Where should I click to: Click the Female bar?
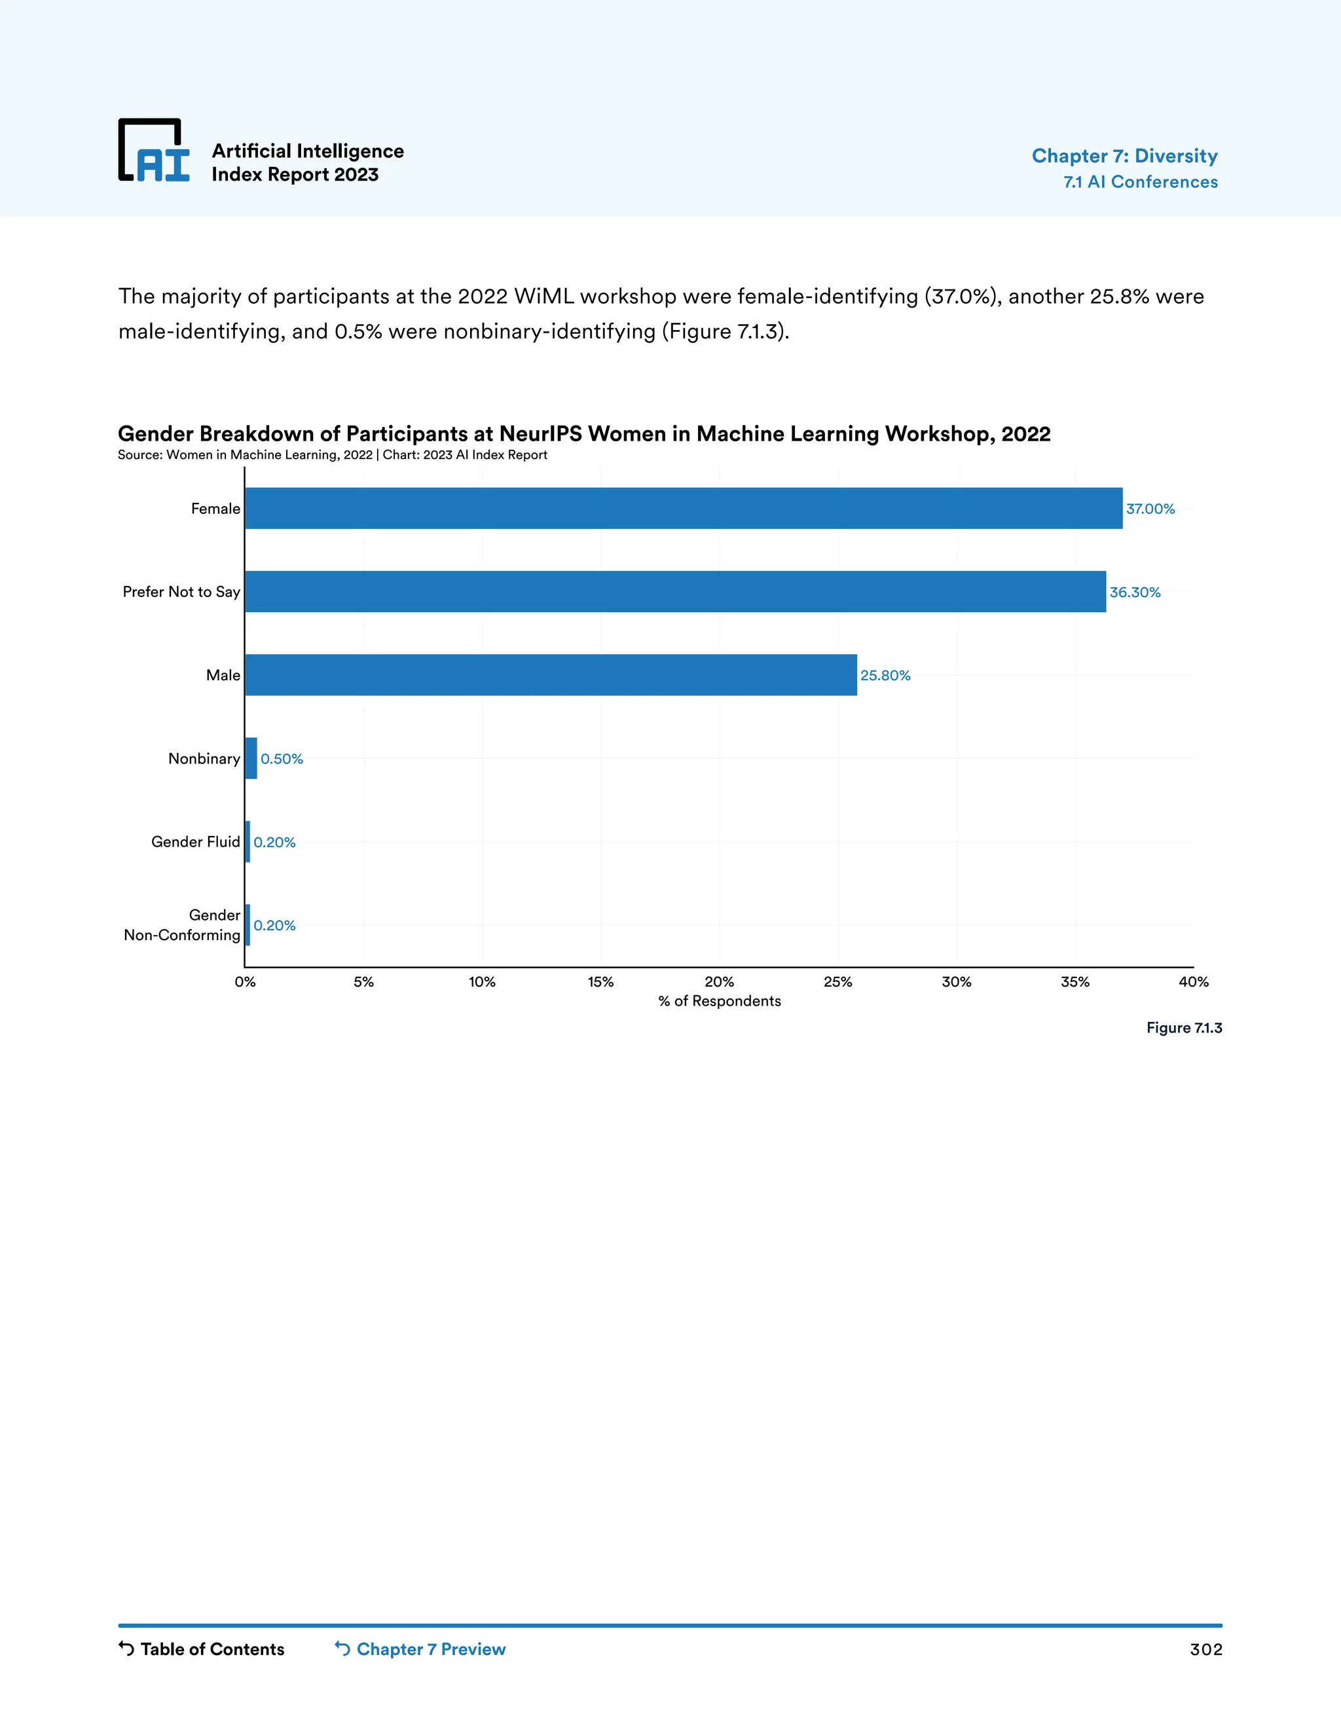point(683,509)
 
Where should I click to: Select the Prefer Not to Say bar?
point(675,592)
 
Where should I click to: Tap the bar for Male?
point(551,675)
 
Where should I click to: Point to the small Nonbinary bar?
point(251,759)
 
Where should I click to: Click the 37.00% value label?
point(1150,509)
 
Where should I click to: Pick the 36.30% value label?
point(1135,593)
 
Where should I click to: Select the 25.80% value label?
point(885,676)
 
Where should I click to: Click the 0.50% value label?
point(282,759)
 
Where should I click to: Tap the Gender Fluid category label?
point(195,842)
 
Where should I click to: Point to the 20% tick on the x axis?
point(719,983)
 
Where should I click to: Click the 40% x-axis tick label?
point(1193,983)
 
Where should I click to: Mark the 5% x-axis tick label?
point(364,983)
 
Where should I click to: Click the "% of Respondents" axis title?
point(719,1002)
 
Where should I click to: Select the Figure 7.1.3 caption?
point(1184,1028)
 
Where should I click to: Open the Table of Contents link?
point(202,1649)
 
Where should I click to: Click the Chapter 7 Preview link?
point(420,1649)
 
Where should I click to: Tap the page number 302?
point(1206,1650)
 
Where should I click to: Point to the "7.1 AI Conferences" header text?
point(1140,182)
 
